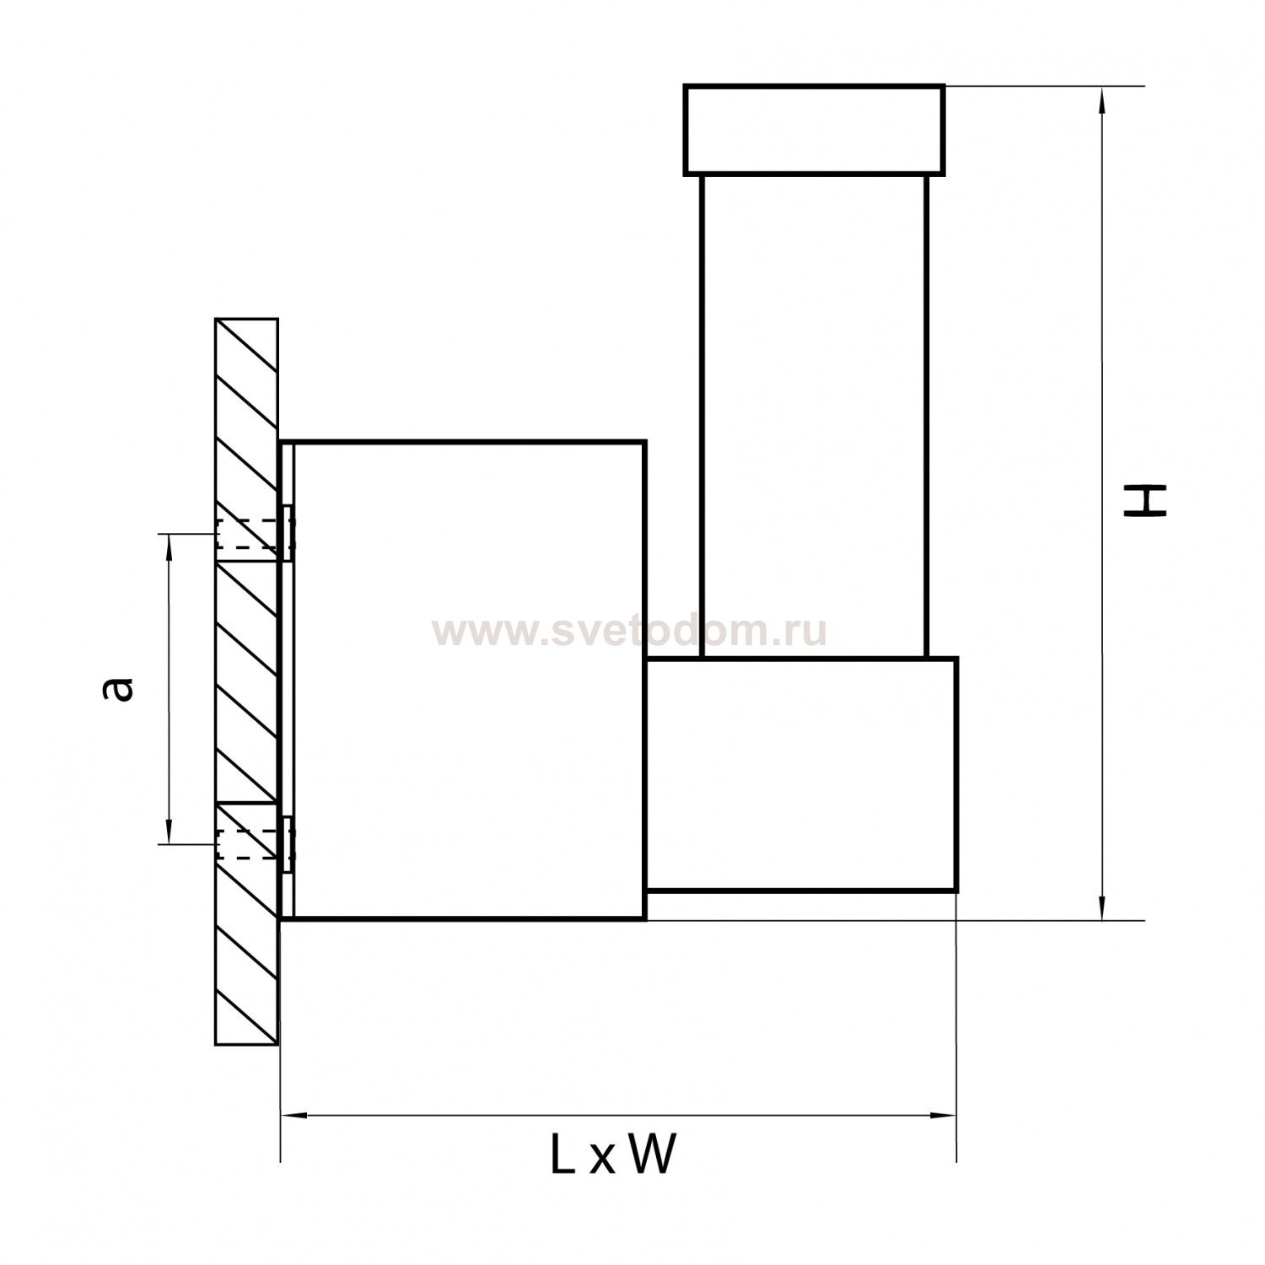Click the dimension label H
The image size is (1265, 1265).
[1144, 500]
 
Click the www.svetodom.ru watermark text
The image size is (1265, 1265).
[629, 631]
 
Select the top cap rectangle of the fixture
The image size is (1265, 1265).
[814, 130]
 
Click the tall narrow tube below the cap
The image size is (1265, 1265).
[814, 416]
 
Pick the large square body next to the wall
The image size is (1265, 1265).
[469, 680]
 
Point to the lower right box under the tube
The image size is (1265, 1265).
[801, 773]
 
